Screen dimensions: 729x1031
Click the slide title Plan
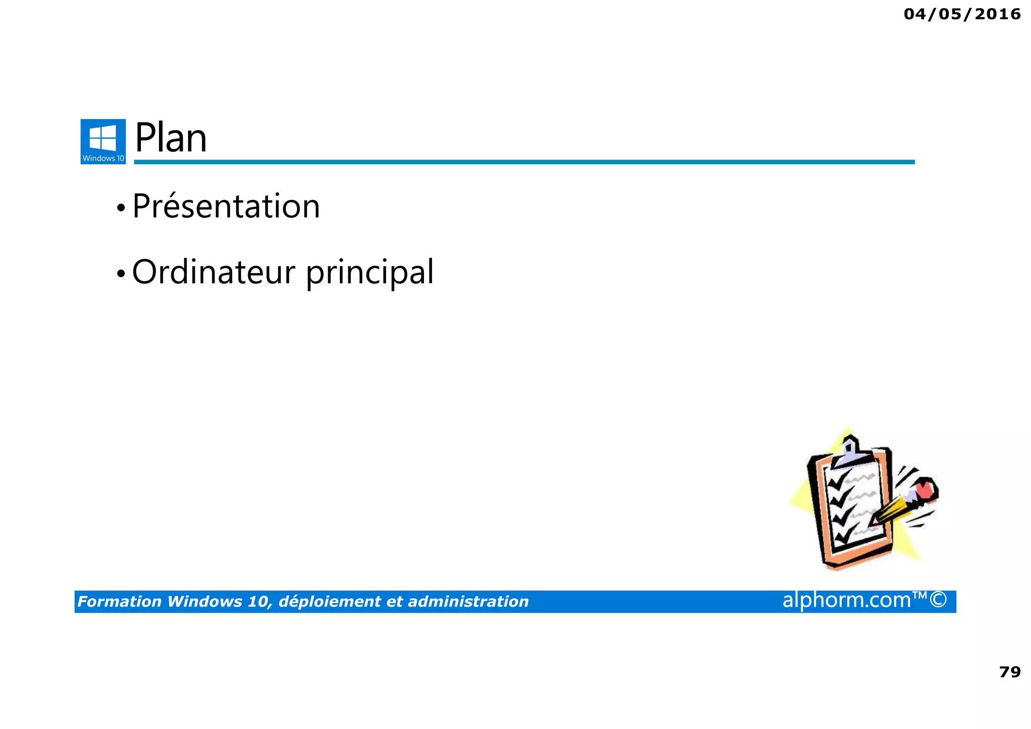pos(171,138)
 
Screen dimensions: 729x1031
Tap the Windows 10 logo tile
pos(103,142)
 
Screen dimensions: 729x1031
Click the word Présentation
pos(226,207)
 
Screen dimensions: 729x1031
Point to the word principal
pos(370,273)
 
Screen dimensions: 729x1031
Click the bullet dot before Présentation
pos(120,208)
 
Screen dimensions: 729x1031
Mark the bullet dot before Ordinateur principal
pos(120,274)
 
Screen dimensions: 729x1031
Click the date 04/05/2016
pos(962,14)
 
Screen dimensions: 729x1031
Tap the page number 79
pos(1009,672)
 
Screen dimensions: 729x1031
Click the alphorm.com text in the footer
pos(847,600)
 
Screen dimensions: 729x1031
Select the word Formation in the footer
pos(119,602)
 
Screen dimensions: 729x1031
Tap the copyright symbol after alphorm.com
pos(938,600)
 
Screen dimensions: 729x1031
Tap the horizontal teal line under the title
pos(524,162)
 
